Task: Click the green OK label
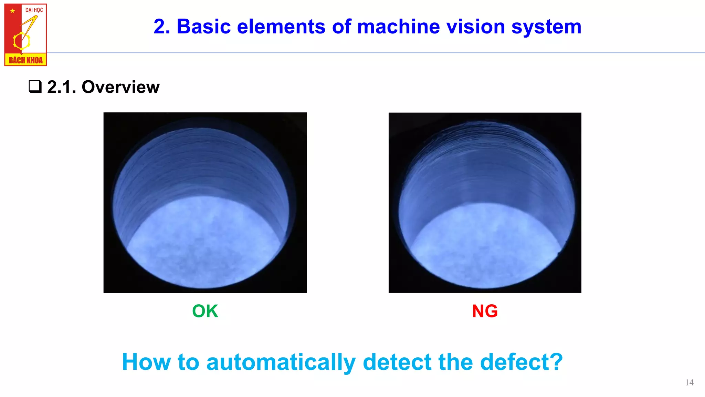coord(205,311)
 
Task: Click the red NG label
coord(485,311)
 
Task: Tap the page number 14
coord(689,383)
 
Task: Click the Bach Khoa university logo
coord(25,35)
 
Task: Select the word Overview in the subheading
coord(120,87)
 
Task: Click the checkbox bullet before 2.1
coord(35,86)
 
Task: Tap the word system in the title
coord(546,27)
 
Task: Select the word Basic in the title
coord(203,27)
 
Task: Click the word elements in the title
coord(281,27)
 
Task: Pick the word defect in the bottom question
coord(521,362)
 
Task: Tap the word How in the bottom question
coord(146,362)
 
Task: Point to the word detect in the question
coord(397,362)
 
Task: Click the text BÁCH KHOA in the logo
coord(25,60)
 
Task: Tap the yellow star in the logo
coord(13,11)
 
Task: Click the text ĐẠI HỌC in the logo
coord(34,10)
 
